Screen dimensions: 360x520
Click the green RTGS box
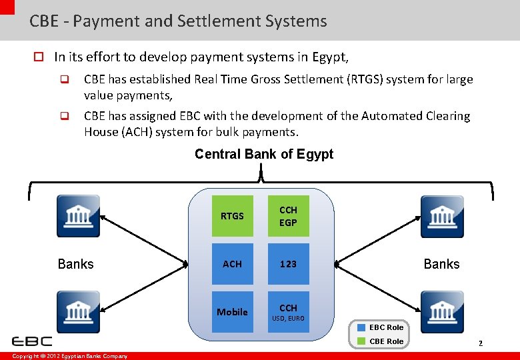pyautogui.click(x=232, y=216)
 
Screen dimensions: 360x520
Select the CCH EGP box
pyautogui.click(x=288, y=216)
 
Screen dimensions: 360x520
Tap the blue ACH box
pyautogui.click(x=232, y=264)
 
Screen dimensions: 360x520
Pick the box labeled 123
pyautogui.click(x=288, y=264)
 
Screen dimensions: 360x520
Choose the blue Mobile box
pyautogui.click(x=232, y=311)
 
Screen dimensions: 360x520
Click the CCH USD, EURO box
pyautogui.click(x=288, y=311)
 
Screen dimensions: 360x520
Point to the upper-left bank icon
pyautogui.click(x=78, y=216)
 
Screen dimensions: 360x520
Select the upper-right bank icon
pyautogui.click(x=441, y=216)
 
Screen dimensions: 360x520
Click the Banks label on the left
pyautogui.click(x=75, y=264)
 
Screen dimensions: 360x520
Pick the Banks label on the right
pyautogui.click(x=441, y=264)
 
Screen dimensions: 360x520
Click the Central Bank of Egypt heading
pyautogui.click(x=264, y=154)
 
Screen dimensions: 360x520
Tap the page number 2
pyautogui.click(x=479, y=343)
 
